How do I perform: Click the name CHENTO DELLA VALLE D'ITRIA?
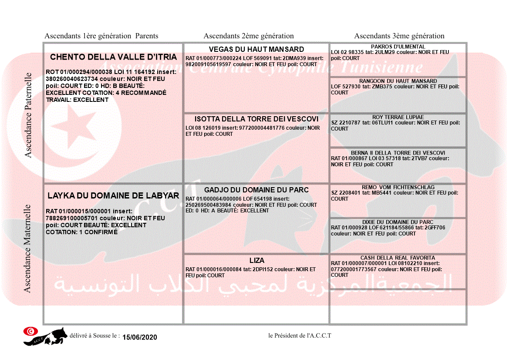pyautogui.click(x=113, y=57)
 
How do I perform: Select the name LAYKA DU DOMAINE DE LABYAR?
pyautogui.click(x=113, y=196)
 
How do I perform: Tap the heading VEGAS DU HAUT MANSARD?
pyautogui.click(x=256, y=49)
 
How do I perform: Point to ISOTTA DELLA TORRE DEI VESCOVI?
pyautogui.click(x=256, y=119)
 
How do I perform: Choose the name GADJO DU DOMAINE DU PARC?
pyautogui.click(x=256, y=190)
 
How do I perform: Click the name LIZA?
pyautogui.click(x=257, y=261)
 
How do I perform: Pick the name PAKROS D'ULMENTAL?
pyautogui.click(x=398, y=47)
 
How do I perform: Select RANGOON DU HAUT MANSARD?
pyautogui.click(x=398, y=81)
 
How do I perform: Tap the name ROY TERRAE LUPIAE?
pyautogui.click(x=398, y=117)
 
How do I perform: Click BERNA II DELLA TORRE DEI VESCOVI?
pyautogui.click(x=398, y=153)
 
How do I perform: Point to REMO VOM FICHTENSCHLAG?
pyautogui.click(x=398, y=187)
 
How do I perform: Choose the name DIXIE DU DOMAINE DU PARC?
pyautogui.click(x=398, y=222)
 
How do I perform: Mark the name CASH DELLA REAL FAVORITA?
pyautogui.click(x=398, y=258)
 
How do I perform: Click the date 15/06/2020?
pyautogui.click(x=139, y=337)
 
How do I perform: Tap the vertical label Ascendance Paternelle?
pyautogui.click(x=28, y=115)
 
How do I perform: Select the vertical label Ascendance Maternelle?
pyautogui.click(x=27, y=248)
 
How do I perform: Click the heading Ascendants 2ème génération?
pyautogui.click(x=249, y=36)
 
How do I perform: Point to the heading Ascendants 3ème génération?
pyautogui.click(x=399, y=36)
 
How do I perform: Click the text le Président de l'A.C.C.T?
pyautogui.click(x=300, y=336)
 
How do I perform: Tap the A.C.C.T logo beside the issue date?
pyautogui.click(x=45, y=336)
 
